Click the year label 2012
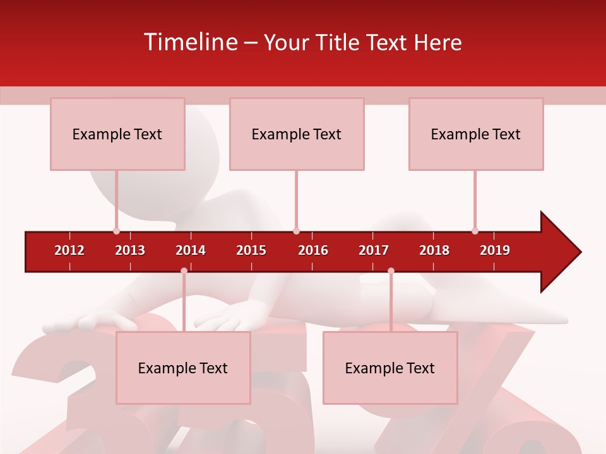69,250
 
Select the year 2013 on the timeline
130,250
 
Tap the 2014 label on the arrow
191,250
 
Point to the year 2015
251,250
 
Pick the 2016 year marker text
313,250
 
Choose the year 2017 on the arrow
374,250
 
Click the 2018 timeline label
434,250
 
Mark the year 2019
495,250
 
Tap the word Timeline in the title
190,42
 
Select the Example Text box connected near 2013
117,134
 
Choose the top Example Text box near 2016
297,134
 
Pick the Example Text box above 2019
476,134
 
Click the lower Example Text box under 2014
183,368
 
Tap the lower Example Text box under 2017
390,368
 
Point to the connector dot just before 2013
116,231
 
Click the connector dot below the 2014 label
184,271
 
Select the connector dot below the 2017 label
391,271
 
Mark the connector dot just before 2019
475,231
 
